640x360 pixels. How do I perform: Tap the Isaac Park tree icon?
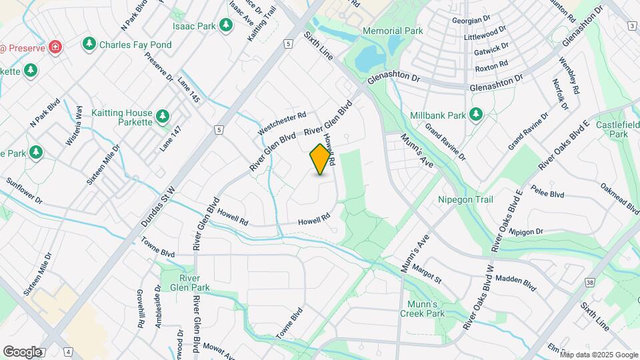[x=226, y=25]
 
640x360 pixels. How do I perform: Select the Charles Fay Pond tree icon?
[x=89, y=44]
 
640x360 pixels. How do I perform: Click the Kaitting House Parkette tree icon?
[x=162, y=117]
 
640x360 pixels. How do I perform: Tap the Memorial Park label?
[x=393, y=31]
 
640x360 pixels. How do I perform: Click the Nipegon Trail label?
[x=464, y=199]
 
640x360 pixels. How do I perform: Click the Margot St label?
[x=427, y=273]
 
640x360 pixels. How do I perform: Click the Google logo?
[x=22, y=352]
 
